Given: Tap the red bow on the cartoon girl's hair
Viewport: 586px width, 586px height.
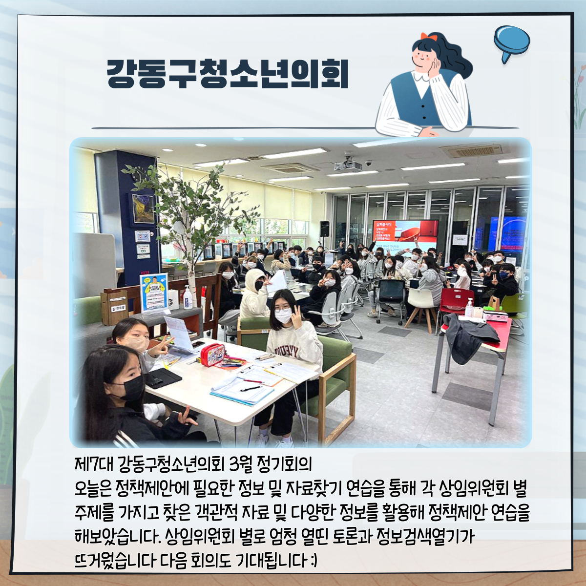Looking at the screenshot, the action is coord(429,37).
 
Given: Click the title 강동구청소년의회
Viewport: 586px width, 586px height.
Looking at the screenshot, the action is coord(228,74).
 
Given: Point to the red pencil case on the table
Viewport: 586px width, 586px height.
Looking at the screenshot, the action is coord(212,355).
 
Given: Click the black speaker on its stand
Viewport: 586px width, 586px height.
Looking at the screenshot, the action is coord(324,229).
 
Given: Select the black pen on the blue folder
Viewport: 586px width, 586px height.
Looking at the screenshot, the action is coord(251,389).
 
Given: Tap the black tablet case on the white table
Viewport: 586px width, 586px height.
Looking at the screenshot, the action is coord(163,377).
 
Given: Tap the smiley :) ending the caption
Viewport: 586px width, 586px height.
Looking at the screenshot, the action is coord(314,560).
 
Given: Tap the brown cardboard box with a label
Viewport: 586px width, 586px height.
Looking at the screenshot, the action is coord(115,307).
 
